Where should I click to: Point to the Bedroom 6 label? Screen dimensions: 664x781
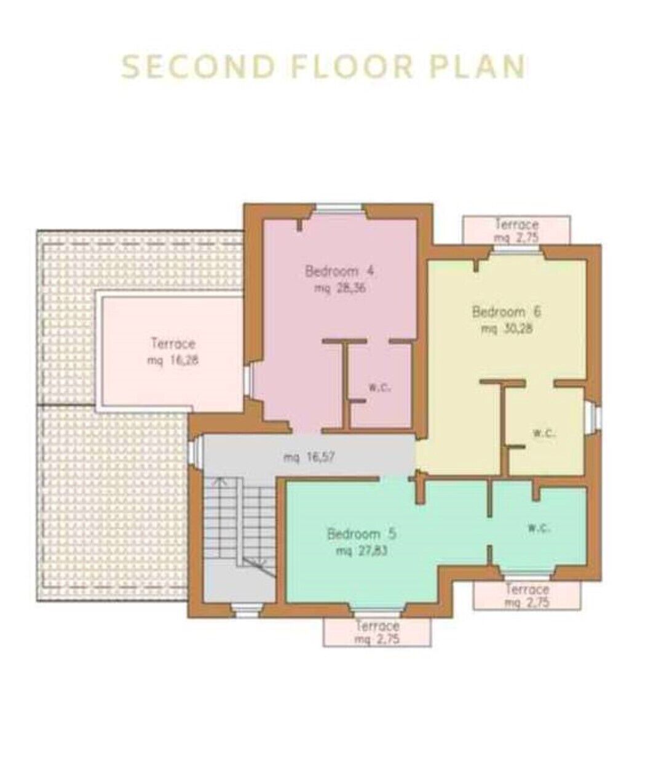pyautogui.click(x=507, y=312)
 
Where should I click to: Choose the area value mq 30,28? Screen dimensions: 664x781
pyautogui.click(x=507, y=329)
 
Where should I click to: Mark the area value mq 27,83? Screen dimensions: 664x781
pyautogui.click(x=362, y=552)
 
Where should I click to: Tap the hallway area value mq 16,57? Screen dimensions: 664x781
pyautogui.click(x=309, y=458)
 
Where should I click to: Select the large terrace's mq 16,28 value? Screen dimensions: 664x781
pyautogui.click(x=173, y=361)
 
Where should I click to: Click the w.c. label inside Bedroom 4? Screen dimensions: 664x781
pyautogui.click(x=379, y=387)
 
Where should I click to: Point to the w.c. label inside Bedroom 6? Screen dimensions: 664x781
pyautogui.click(x=544, y=434)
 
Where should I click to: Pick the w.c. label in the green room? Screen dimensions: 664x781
pyautogui.click(x=539, y=529)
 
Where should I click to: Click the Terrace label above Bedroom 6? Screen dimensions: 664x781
pyautogui.click(x=516, y=224)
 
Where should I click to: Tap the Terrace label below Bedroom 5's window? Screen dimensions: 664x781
pyautogui.click(x=377, y=626)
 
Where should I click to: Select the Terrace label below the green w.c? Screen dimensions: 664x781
pyautogui.click(x=527, y=589)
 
